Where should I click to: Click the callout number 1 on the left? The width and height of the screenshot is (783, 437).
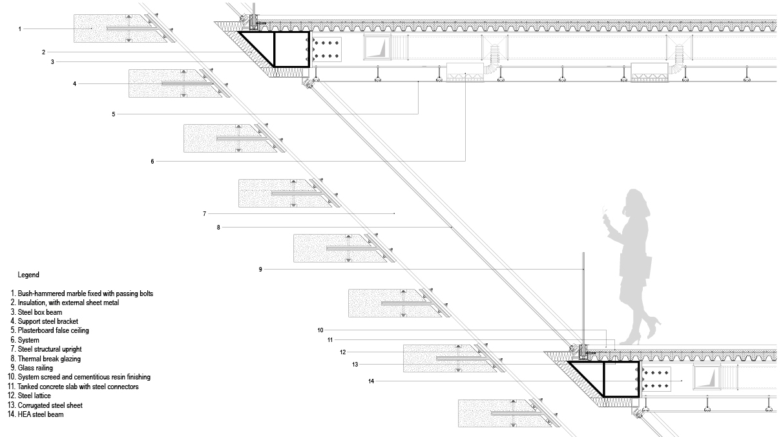tap(20, 29)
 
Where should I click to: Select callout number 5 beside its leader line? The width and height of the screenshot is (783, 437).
tap(113, 114)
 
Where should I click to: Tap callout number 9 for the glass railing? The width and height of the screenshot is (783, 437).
tap(260, 269)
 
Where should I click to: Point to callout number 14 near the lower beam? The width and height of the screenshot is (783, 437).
tap(371, 381)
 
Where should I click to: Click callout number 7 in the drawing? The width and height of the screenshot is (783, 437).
tap(204, 213)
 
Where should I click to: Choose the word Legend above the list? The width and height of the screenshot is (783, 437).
tap(28, 275)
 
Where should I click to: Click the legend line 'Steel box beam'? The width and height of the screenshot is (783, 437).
tap(39, 312)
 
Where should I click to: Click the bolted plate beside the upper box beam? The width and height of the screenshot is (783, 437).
tap(326, 50)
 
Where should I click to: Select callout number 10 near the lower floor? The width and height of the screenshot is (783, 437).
tap(320, 330)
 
